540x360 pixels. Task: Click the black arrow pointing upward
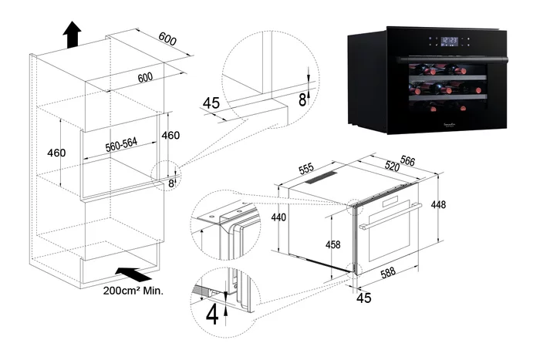point(72,35)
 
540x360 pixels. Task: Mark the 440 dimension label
point(278,217)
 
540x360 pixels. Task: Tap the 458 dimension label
point(332,244)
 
